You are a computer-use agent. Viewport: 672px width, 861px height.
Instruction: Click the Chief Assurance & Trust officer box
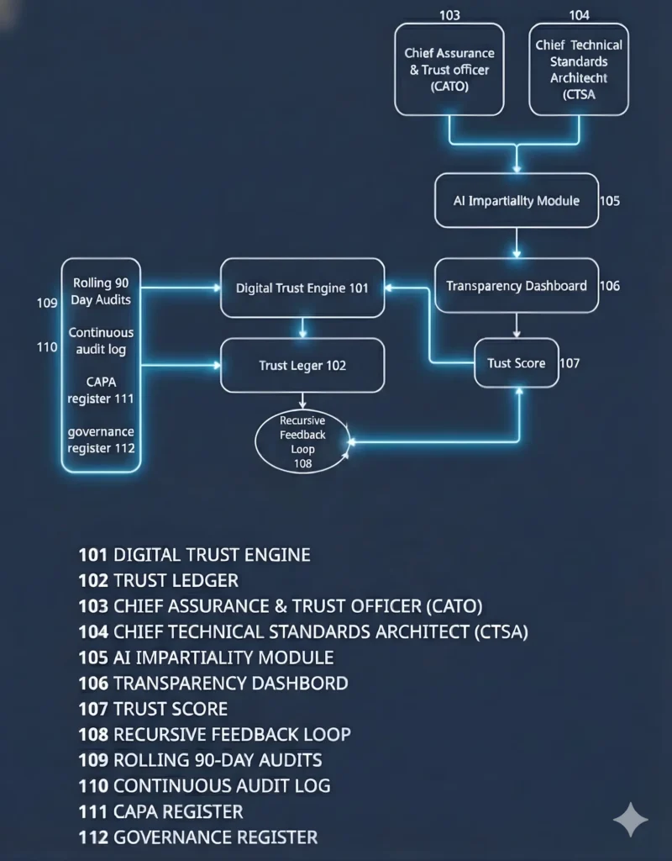(449, 69)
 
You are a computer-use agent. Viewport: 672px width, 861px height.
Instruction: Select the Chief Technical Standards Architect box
(579, 69)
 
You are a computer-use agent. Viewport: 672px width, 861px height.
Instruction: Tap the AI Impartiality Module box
(517, 201)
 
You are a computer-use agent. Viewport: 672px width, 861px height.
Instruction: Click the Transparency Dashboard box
(517, 286)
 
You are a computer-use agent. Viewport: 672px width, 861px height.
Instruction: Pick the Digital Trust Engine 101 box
(302, 288)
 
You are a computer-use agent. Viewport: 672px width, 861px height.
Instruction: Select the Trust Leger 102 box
(302, 365)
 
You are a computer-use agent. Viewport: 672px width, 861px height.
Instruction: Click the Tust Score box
(517, 363)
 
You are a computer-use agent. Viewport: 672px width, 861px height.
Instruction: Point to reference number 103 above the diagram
(449, 15)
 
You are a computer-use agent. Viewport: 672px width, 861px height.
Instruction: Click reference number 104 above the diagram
(579, 15)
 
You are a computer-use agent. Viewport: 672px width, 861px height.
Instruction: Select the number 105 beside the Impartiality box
(610, 201)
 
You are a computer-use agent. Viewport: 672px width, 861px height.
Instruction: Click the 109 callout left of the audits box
(47, 302)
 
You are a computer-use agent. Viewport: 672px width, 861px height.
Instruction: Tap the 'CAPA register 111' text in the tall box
(101, 389)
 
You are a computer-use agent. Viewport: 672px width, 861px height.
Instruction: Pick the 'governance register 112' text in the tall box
(101, 440)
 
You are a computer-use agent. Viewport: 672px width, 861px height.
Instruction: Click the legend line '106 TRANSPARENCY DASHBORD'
(213, 683)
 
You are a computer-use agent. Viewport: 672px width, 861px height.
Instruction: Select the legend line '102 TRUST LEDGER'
(159, 580)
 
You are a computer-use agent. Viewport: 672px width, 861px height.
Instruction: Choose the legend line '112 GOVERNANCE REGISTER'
(198, 837)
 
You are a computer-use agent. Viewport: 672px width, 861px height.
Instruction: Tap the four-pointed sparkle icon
(630, 820)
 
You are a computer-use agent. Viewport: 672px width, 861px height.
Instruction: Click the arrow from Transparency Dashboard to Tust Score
(517, 324)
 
